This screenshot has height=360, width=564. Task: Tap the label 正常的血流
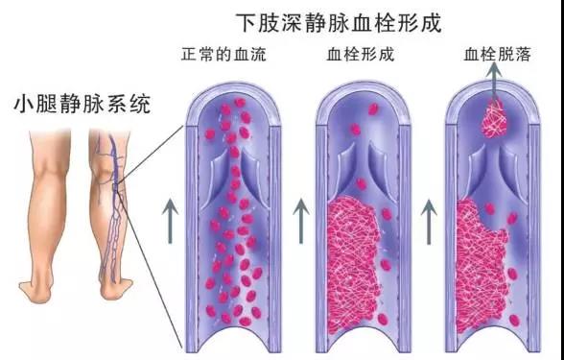tap(223, 55)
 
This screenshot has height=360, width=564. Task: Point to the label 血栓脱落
tap(495, 55)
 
